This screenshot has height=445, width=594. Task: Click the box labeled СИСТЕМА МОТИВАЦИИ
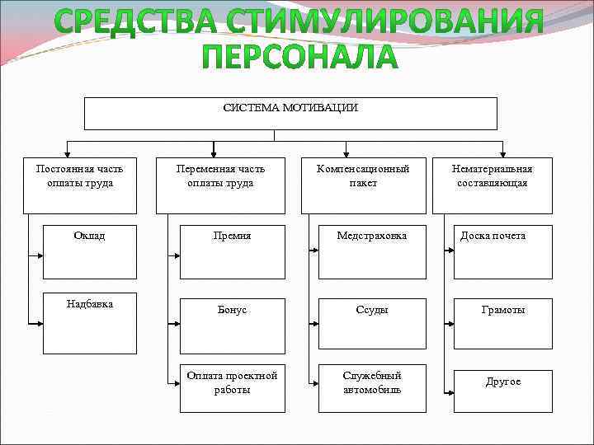(x=290, y=114)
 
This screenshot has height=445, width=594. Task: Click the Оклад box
(x=90, y=251)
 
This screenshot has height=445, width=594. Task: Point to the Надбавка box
(x=90, y=326)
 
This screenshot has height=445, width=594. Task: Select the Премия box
(x=233, y=251)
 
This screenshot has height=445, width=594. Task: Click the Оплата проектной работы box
(x=233, y=387)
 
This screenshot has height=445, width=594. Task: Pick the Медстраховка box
(x=372, y=251)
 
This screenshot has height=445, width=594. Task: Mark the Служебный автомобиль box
(x=372, y=387)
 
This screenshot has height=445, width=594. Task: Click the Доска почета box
(x=503, y=251)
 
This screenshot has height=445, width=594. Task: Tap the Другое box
(x=503, y=387)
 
